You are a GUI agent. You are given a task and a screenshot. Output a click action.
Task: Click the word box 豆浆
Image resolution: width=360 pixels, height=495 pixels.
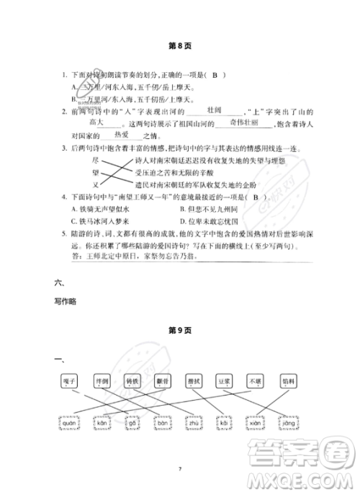225,379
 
